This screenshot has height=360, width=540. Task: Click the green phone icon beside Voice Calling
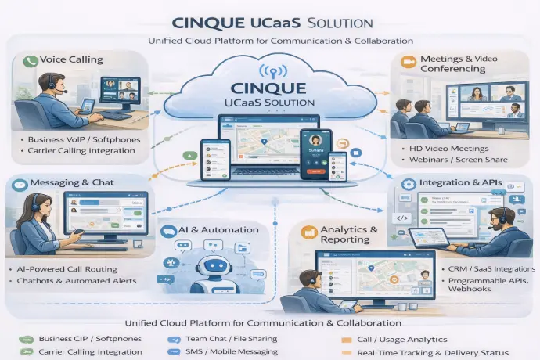[32, 61]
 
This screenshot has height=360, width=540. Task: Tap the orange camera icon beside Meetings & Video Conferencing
[408, 60]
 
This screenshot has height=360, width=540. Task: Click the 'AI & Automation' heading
[220, 230]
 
